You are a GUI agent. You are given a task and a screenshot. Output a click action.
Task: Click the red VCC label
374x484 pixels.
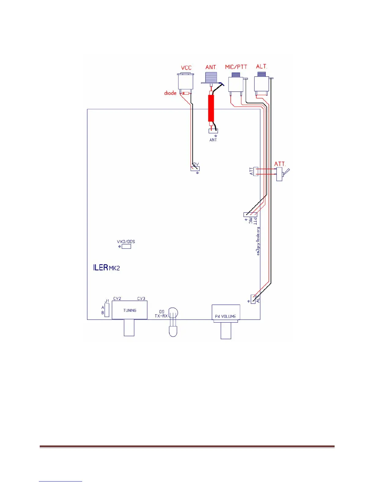coord(186,68)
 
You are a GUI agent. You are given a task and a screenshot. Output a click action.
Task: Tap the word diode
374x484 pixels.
coord(170,93)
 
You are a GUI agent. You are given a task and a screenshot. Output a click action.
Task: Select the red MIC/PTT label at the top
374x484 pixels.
coord(236,67)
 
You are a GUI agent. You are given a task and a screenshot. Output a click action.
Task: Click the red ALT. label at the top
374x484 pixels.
coord(261,67)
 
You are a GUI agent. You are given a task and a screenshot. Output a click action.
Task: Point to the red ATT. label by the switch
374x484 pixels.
coord(280,164)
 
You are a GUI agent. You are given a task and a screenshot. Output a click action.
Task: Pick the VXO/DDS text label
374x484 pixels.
coord(126,242)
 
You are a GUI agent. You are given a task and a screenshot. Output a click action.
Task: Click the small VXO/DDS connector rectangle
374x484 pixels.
coord(126,246)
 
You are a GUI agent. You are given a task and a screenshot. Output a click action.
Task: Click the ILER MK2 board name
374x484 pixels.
coord(106,268)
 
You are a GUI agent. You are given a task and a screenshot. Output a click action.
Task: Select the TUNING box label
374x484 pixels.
coord(130,310)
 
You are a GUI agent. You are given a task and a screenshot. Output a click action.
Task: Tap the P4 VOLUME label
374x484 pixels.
coord(226,317)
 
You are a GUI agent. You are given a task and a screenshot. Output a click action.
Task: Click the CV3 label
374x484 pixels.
coord(141,299)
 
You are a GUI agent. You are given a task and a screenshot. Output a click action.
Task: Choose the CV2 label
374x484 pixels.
coord(117,299)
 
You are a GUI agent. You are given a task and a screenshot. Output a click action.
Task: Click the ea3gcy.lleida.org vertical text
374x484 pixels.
coord(258,241)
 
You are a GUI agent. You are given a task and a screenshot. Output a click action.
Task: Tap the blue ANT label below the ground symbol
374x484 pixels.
coord(213,140)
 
